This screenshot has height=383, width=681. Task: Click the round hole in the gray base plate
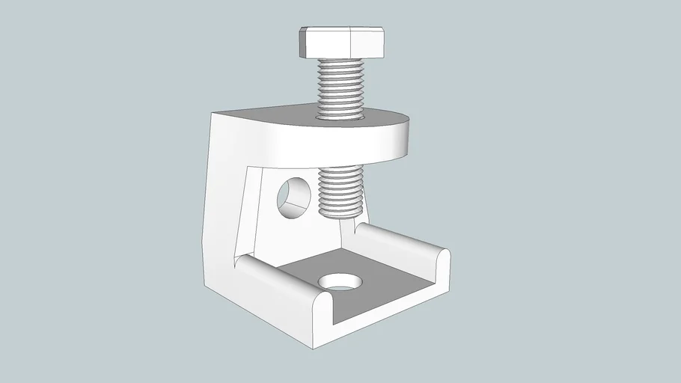(339, 282)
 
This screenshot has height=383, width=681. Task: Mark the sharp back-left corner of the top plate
(211, 112)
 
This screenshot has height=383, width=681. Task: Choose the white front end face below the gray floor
(389, 314)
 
